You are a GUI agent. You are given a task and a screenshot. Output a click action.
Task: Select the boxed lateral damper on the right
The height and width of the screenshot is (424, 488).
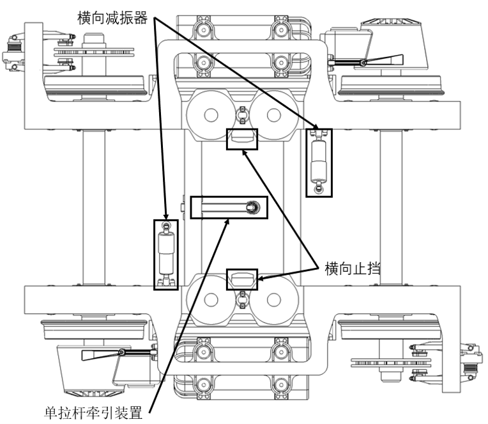click(317, 162)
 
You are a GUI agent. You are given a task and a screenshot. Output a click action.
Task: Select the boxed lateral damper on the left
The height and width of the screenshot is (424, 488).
click(166, 255)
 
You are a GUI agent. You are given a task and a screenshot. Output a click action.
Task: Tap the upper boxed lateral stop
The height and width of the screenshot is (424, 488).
click(242, 138)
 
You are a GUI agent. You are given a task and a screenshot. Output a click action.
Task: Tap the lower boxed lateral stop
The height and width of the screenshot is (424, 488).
click(242, 278)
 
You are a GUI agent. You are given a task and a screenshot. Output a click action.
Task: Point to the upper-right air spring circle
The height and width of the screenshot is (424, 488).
click(273, 115)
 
